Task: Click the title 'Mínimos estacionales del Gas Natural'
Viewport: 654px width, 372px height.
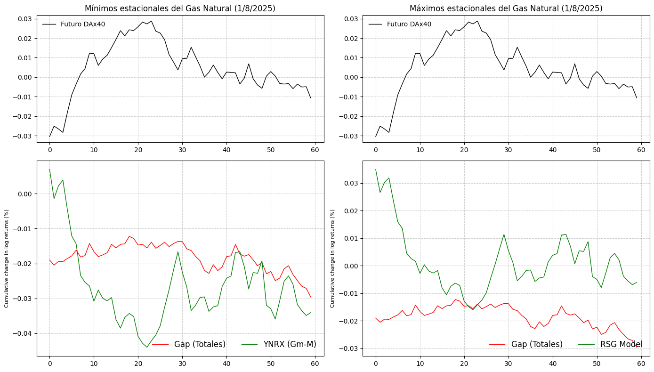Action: point(180,8)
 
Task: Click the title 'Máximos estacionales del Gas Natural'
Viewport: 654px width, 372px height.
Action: point(506,8)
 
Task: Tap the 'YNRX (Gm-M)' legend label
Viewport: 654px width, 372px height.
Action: point(290,344)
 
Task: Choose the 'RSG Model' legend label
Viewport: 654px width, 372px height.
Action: point(621,344)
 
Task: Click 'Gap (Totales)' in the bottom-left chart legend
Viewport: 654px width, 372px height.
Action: point(200,344)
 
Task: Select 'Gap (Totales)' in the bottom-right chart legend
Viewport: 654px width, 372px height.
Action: point(537,344)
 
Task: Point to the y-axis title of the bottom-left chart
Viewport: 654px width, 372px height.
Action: point(7,259)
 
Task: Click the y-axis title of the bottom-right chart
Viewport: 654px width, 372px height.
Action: point(332,259)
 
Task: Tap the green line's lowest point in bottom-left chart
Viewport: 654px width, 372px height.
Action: point(147,347)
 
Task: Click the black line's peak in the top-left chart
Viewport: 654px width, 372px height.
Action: point(151,21)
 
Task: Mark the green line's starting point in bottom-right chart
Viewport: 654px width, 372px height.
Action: point(376,170)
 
